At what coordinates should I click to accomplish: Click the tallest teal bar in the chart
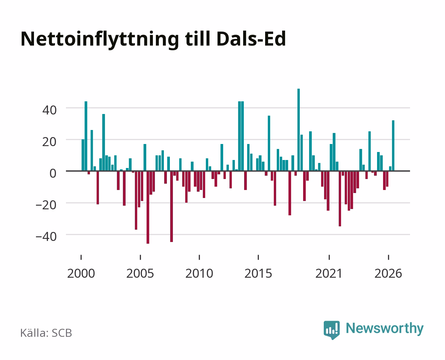tap(298, 130)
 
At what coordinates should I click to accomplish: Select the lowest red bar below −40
tap(148, 207)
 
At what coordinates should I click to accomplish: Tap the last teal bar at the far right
tap(393, 146)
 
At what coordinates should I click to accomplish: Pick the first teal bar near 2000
tap(83, 155)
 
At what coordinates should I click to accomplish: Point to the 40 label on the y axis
tap(49, 110)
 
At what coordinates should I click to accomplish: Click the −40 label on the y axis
tap(46, 237)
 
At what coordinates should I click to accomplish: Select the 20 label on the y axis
tap(49, 142)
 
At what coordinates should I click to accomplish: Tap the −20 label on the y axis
tap(46, 205)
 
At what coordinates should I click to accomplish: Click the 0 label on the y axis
tap(53, 173)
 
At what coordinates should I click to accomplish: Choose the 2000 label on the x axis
tap(81, 273)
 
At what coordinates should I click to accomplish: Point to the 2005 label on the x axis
tap(140, 273)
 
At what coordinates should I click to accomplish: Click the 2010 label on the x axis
tap(199, 273)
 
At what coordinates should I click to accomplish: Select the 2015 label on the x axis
tap(258, 273)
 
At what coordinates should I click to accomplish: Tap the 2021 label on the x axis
tap(329, 273)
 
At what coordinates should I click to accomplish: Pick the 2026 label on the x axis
tap(388, 273)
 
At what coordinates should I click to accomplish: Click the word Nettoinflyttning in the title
tap(100, 40)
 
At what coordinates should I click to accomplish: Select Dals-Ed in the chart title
tap(251, 39)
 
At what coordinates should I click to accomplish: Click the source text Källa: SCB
tap(46, 333)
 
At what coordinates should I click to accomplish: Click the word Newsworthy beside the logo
tap(385, 329)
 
